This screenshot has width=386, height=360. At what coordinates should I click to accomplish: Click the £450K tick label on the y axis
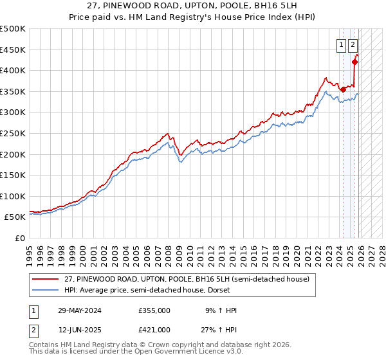(13, 50)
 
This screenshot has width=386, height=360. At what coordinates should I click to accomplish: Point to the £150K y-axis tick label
(13, 175)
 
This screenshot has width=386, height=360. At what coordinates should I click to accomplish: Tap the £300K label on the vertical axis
(13, 113)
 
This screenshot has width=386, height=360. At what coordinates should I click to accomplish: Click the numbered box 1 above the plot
(341, 45)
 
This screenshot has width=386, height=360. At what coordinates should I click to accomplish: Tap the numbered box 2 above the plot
(353, 45)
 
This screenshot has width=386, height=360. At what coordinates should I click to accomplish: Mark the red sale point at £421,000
(354, 62)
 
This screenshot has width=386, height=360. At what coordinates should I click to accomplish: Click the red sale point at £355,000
(344, 89)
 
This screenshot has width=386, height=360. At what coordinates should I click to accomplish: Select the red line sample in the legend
(46, 279)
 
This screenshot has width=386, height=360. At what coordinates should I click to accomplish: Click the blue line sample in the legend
(46, 290)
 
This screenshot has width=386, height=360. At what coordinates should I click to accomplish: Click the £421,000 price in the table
(154, 330)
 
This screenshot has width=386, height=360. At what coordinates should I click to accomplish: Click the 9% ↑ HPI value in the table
(219, 310)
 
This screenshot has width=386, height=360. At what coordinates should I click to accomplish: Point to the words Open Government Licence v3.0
(194, 353)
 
